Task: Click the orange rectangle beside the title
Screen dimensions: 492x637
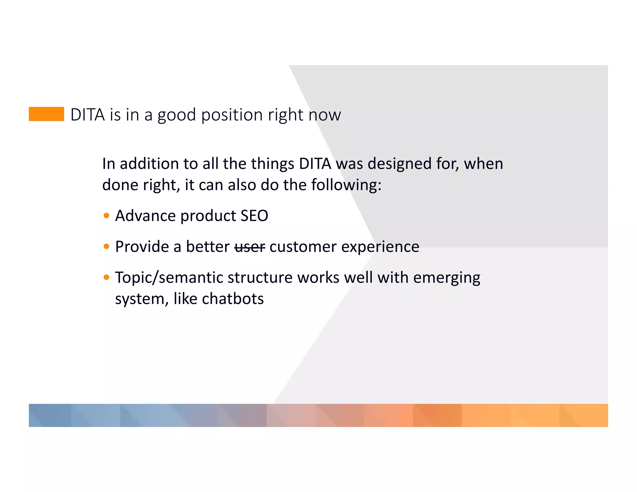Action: coord(46,114)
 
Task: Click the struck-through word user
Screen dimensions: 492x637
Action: coord(249,247)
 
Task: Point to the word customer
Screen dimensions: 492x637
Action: coord(303,247)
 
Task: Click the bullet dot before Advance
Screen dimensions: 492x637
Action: coord(106,216)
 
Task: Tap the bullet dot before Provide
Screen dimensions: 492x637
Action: coord(106,247)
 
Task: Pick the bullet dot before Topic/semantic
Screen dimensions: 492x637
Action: coord(106,277)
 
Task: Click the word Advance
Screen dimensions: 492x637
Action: coord(145,216)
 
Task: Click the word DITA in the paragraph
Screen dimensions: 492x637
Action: coord(315,164)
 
